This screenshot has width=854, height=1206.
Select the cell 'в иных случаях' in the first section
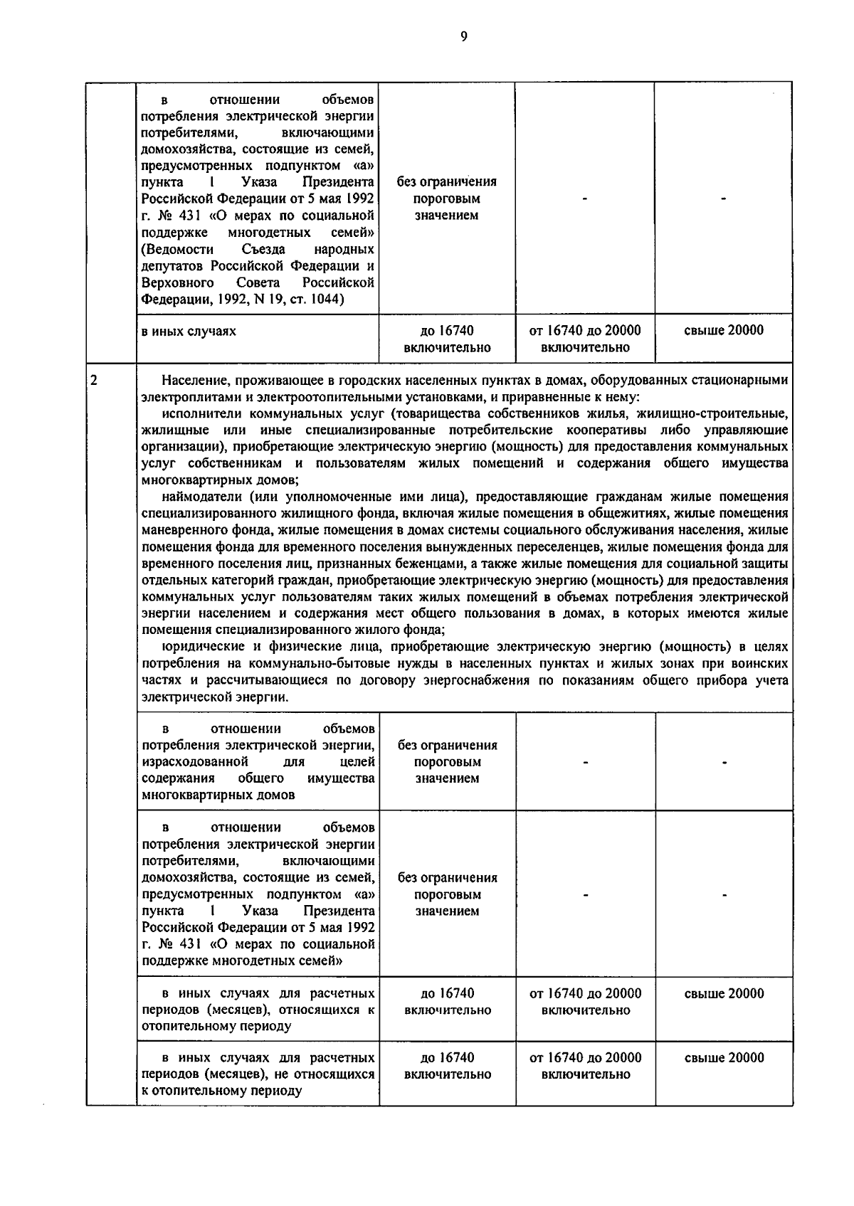[189, 331]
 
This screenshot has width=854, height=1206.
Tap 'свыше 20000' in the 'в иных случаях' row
[724, 331]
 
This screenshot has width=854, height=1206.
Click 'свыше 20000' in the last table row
[724, 1057]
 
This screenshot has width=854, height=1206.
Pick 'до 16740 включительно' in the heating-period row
[447, 1002]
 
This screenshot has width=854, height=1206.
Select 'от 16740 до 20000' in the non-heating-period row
[586, 1057]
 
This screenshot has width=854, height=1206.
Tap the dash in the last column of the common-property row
[724, 763]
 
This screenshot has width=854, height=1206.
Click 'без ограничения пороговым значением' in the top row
[447, 198]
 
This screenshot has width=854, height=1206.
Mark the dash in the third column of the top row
[585, 200]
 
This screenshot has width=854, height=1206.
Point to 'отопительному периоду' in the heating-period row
[217, 1027]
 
